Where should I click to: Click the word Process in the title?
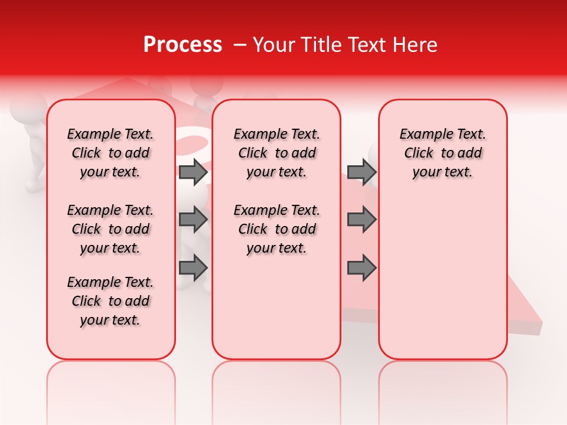(x=182, y=45)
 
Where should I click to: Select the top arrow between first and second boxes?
(x=193, y=172)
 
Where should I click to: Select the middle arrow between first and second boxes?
(x=193, y=220)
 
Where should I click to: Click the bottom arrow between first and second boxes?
(x=193, y=267)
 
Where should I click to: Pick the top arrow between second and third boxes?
(x=361, y=172)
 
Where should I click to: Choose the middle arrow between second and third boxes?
(x=361, y=220)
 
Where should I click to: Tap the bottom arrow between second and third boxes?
(x=361, y=267)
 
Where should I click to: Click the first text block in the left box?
(x=110, y=153)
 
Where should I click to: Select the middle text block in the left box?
(x=110, y=229)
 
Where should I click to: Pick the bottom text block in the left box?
(x=110, y=301)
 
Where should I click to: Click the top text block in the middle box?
(x=276, y=153)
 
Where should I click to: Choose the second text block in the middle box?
(x=276, y=229)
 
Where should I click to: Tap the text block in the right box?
(x=442, y=153)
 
